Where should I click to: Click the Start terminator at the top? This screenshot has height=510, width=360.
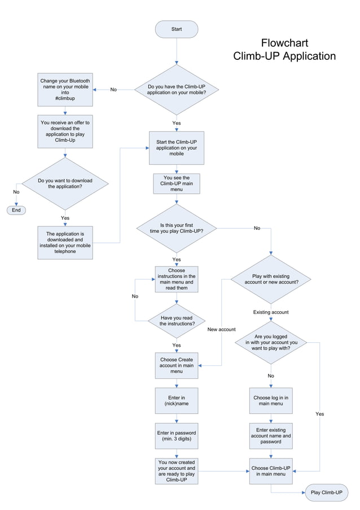tap(177, 29)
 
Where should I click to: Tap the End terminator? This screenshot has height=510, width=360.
tap(16, 210)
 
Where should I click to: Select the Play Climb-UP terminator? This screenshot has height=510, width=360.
tap(327, 492)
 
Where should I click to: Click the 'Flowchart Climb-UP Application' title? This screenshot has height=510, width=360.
tap(284, 50)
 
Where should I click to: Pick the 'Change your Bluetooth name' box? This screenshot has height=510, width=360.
tap(65, 90)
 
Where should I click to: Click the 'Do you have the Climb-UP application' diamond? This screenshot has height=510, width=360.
tap(177, 89)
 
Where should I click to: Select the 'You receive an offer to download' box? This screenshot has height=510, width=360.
tap(65, 131)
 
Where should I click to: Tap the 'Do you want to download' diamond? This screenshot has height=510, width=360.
tap(65, 184)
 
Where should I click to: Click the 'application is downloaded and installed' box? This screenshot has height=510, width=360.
tap(65, 243)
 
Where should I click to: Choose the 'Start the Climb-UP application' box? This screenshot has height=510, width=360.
tap(177, 148)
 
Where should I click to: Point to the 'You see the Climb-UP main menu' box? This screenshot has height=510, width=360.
tap(177, 184)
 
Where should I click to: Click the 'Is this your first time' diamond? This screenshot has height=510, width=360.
tap(177, 228)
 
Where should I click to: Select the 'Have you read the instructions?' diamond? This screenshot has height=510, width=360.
tap(177, 321)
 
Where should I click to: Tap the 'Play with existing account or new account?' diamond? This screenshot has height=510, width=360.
tap(271, 279)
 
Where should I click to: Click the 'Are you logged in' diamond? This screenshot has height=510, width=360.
tap(271, 342)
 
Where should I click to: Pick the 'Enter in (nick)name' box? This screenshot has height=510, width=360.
tap(177, 401)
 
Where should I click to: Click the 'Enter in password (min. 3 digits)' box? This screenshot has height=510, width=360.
tap(177, 436)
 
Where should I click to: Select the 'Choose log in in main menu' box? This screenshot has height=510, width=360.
tap(271, 401)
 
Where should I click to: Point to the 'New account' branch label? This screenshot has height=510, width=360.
tap(221, 329)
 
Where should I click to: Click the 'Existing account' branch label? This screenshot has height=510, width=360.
tap(271, 312)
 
